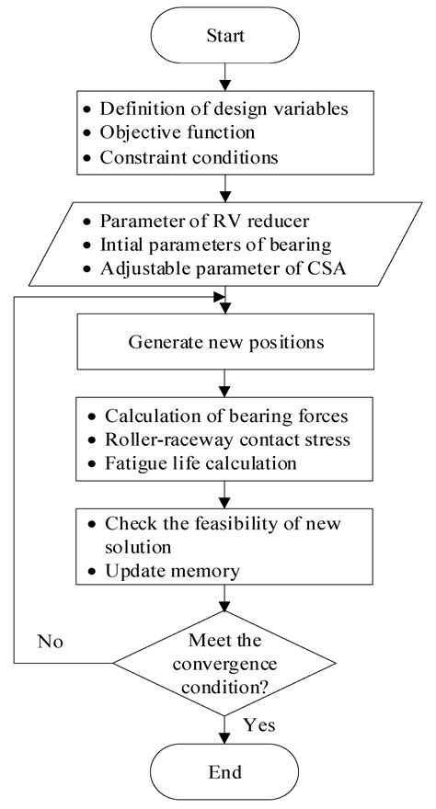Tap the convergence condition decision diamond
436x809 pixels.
coord(222,661)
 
